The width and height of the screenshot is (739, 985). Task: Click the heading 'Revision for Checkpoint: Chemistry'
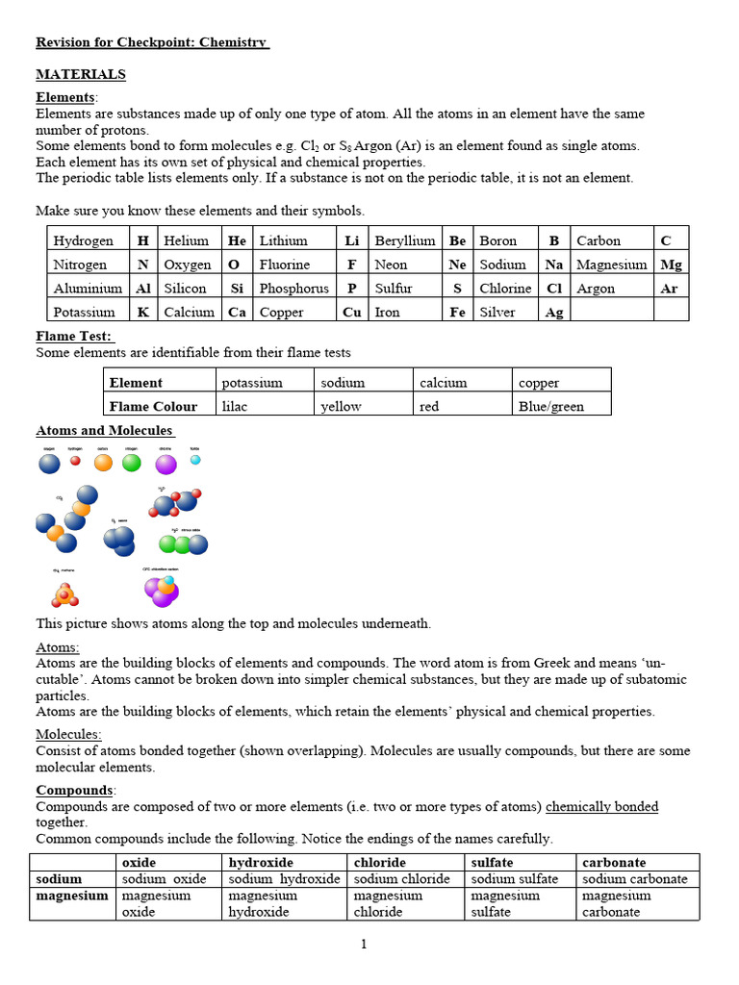pos(152,42)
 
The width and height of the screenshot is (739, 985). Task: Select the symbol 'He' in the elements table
pos(237,240)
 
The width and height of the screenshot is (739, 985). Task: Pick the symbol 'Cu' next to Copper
pos(352,312)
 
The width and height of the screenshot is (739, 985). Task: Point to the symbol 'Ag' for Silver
pos(554,312)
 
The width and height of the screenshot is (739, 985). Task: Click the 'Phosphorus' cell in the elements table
pos(294,288)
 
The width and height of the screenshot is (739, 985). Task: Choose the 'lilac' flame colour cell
pos(236,406)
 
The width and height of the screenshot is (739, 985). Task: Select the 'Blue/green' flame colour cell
pos(551,406)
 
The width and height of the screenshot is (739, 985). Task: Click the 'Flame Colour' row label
pos(153,406)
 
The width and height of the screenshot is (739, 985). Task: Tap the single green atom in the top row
pos(132,463)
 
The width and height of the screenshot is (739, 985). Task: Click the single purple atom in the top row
pos(166,465)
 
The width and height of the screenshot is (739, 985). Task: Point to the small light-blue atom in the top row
pos(195,460)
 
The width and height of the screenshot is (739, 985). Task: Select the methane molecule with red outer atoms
pos(64,594)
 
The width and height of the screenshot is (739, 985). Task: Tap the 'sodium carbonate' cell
pos(635,878)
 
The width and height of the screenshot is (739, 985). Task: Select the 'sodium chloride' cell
pos(402,878)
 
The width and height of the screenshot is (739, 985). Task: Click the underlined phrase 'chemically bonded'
pos(601,806)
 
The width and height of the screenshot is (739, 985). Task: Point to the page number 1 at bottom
pos(364,944)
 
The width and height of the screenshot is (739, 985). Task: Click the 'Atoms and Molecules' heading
pos(104,430)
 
